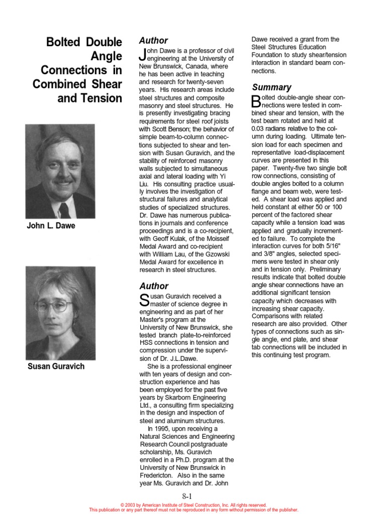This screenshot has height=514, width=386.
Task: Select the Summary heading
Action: pyautogui.click(x=271, y=87)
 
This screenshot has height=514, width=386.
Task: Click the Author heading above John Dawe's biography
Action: pyautogui.click(x=153, y=41)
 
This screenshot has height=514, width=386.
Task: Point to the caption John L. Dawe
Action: pyautogui.click(x=51, y=226)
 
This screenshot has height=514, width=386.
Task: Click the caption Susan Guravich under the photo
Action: pyautogui.click(x=56, y=366)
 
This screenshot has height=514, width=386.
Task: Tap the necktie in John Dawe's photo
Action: pyautogui.click(x=64, y=209)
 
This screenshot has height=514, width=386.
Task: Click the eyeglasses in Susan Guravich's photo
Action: pyautogui.click(x=54, y=305)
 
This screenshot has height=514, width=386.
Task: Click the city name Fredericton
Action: pyautogui.click(x=159, y=475)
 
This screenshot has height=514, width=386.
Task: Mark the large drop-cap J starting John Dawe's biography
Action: pyautogui.click(x=142, y=55)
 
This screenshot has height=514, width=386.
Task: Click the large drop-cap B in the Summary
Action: pyautogui.click(x=256, y=101)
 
